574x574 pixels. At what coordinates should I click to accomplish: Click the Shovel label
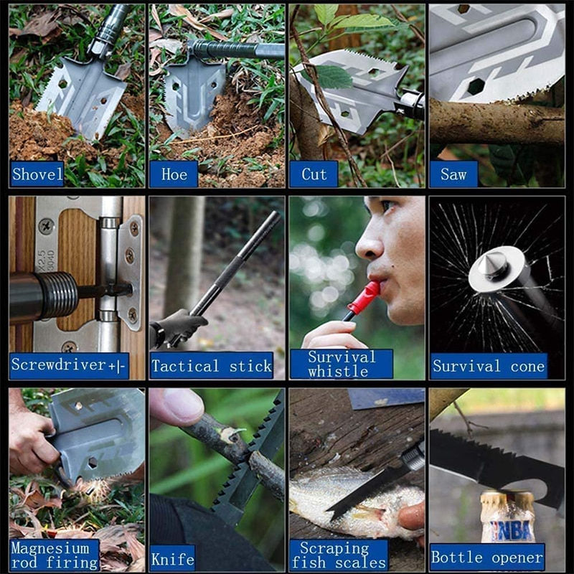37,174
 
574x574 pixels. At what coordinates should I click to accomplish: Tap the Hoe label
174,174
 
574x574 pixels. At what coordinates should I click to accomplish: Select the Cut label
314,174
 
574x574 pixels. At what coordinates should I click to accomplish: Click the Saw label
453,174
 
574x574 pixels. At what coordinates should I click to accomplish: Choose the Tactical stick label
212,366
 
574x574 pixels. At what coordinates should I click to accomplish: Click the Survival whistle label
342,364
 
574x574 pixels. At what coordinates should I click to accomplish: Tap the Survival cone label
489,366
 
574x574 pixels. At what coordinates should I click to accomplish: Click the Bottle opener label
487,557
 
